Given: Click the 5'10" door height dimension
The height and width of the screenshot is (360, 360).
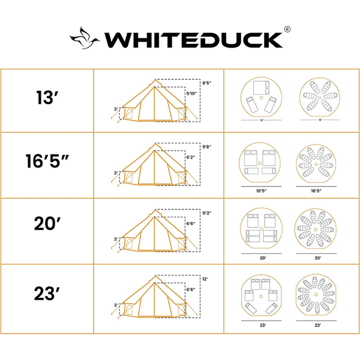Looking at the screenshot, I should (x=191, y=94).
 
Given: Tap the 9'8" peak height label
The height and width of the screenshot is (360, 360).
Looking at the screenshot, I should (x=208, y=146).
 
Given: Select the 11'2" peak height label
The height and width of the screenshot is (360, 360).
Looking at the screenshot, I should (x=208, y=212).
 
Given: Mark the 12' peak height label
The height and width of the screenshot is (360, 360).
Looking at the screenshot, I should (x=206, y=278).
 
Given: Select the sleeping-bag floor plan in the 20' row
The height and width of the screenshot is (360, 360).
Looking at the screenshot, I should (x=317, y=229).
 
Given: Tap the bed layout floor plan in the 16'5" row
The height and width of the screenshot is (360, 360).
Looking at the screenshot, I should (x=260, y=163).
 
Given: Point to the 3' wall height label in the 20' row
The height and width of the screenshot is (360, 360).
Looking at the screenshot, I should (x=115, y=238).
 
